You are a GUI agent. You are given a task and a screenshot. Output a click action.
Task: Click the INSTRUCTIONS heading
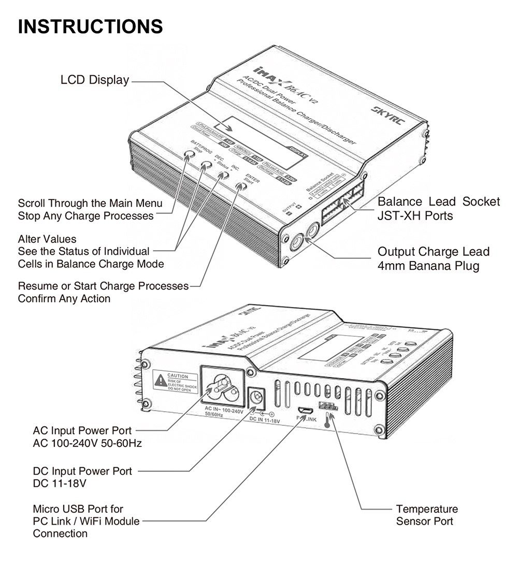click(91, 26)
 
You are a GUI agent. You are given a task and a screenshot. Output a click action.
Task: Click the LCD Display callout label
click(94, 80)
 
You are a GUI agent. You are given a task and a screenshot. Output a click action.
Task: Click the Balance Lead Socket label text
click(439, 201)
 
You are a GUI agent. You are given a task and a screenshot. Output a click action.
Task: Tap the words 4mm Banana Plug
click(428, 266)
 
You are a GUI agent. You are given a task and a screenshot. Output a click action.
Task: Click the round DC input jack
click(257, 398)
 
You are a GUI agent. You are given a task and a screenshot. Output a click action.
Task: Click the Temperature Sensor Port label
click(427, 515)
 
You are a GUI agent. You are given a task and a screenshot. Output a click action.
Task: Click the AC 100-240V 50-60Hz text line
click(87, 443)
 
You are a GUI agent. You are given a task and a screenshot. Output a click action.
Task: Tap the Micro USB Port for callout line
click(78, 509)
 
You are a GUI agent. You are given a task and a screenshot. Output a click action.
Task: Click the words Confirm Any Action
click(64, 299)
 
